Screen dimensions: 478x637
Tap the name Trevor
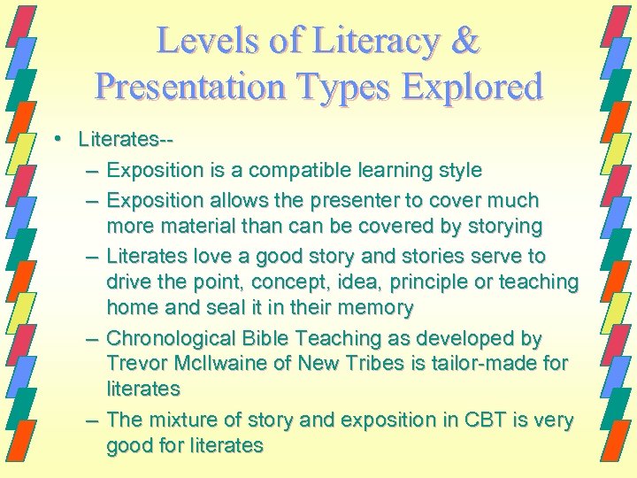[134, 363]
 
